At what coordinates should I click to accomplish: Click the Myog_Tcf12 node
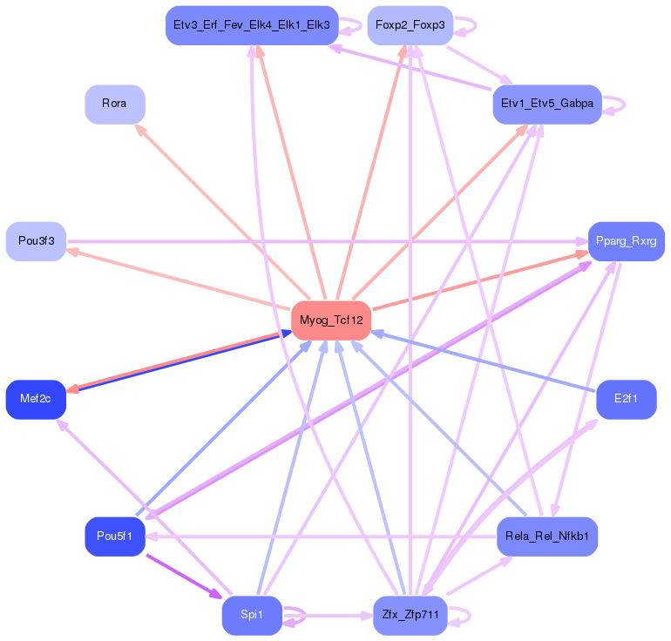coord(331,320)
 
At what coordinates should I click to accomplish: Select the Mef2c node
coord(36,400)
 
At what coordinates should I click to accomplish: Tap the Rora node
coord(114,104)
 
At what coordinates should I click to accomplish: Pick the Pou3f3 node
coord(36,241)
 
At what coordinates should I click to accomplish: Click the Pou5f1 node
coord(114,536)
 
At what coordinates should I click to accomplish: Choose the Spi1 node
coord(252,615)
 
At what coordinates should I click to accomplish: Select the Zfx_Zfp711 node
coord(410,615)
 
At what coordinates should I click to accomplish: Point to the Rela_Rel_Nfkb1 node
coord(547,536)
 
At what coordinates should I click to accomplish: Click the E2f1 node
coord(626,400)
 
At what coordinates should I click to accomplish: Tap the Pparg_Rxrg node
coord(626,241)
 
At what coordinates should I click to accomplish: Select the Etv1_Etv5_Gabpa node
coord(547,104)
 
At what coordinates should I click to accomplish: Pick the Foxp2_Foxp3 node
coord(410,25)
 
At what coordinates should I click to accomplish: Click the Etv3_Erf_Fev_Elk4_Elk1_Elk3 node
coord(252,25)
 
